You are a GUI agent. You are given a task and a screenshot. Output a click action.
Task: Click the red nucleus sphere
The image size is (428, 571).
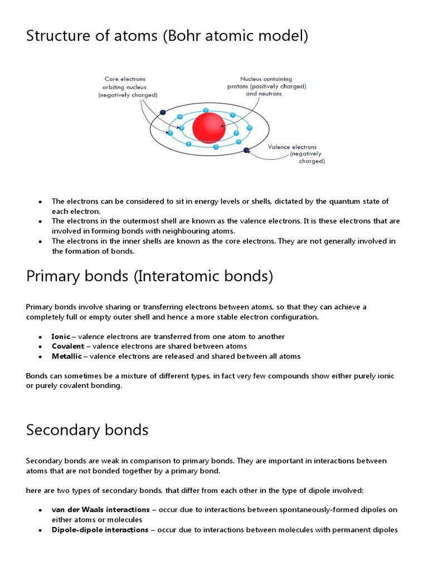(x=209, y=128)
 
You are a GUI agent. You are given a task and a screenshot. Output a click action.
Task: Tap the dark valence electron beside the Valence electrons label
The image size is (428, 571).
(x=246, y=149)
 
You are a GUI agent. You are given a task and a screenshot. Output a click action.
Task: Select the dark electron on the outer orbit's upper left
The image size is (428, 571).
(x=162, y=112)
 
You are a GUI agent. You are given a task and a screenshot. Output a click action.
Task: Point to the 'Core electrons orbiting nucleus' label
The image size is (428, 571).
(x=127, y=88)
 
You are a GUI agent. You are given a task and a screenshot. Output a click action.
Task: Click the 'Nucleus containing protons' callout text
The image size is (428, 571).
(x=266, y=86)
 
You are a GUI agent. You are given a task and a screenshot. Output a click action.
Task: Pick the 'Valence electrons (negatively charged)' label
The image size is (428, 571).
(x=295, y=154)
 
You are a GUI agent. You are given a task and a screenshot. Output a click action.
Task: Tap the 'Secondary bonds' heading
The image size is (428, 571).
(x=87, y=430)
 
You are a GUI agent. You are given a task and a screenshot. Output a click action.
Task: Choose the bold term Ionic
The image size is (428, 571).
(x=61, y=337)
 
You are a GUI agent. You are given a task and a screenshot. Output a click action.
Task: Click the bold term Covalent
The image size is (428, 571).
(x=67, y=346)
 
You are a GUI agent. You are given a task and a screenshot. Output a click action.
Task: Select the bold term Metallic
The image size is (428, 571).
(x=66, y=356)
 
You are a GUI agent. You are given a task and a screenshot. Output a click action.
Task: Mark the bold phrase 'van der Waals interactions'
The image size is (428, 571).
(x=100, y=510)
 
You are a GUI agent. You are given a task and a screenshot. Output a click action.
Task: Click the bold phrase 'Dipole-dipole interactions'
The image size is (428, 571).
(x=100, y=530)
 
